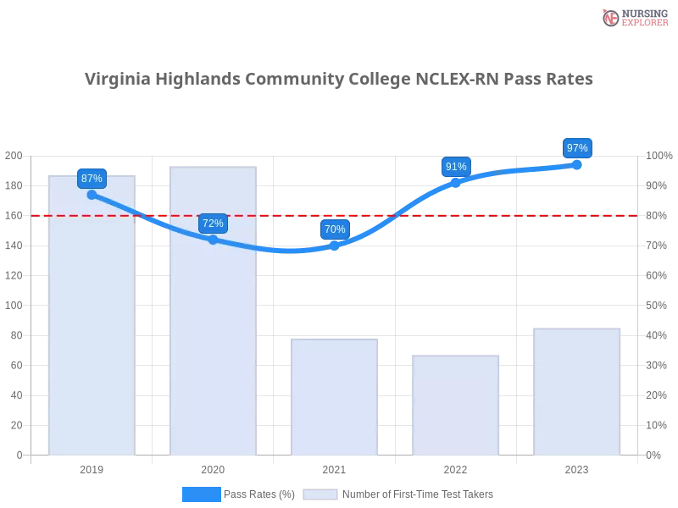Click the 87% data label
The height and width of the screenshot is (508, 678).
(x=92, y=178)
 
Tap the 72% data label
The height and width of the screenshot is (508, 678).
(x=213, y=224)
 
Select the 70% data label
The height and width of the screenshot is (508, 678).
(x=335, y=229)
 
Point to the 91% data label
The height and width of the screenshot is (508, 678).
(x=456, y=167)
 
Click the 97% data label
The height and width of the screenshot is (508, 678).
(x=577, y=148)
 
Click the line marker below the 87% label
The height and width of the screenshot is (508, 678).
(x=92, y=195)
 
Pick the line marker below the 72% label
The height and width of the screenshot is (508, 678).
(x=213, y=240)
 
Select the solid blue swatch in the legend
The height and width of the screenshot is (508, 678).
(x=201, y=494)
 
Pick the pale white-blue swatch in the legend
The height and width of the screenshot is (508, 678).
(x=320, y=494)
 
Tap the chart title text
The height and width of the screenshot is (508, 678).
(x=339, y=80)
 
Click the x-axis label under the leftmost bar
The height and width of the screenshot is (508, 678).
(x=92, y=467)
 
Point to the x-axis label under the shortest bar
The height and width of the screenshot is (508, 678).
(x=456, y=467)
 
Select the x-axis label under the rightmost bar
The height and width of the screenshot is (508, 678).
(x=577, y=467)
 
